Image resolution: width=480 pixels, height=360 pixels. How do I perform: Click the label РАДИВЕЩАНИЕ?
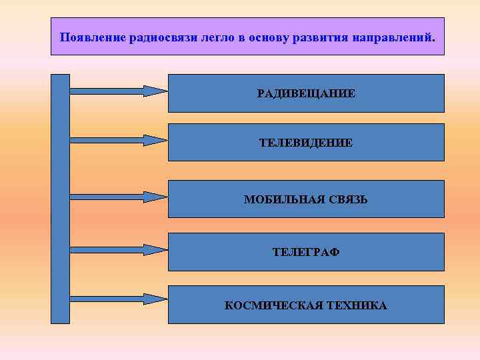[306, 93]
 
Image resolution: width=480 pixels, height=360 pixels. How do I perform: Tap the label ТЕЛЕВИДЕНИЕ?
[306, 143]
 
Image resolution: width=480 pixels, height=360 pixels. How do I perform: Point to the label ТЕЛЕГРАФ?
[306, 252]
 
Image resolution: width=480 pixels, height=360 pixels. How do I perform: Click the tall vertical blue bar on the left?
[60, 198]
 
